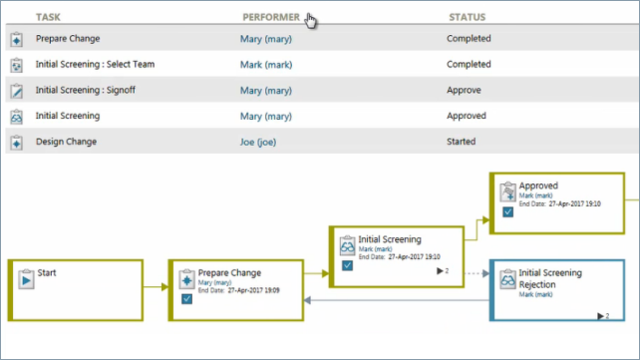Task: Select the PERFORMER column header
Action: click(x=270, y=17)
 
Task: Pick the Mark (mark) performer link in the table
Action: click(x=264, y=65)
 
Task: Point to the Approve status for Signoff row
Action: click(x=464, y=91)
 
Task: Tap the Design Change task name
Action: click(x=66, y=143)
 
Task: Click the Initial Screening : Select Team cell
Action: click(x=95, y=65)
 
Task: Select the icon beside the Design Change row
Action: click(x=16, y=143)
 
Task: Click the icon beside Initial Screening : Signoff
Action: click(x=16, y=91)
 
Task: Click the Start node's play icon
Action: click(x=24, y=278)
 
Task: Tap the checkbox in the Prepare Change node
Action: click(x=186, y=298)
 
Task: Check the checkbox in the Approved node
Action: click(x=507, y=211)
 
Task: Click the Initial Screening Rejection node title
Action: click(x=550, y=278)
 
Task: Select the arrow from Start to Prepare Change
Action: click(x=154, y=287)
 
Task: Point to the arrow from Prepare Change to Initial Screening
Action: click(x=315, y=270)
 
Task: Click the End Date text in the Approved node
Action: click(x=548, y=203)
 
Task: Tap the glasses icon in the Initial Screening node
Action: click(x=347, y=245)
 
